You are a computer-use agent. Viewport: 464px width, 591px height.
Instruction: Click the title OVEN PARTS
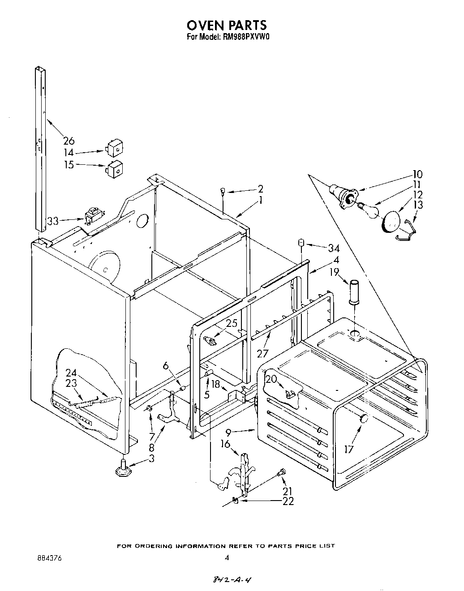coord(227,25)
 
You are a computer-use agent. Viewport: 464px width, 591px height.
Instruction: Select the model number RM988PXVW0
coord(245,38)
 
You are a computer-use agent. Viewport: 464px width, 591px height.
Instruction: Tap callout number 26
coord(69,140)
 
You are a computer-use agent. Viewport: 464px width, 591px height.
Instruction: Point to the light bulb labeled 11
coord(368,209)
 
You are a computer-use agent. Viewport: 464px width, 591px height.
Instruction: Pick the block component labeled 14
coord(115,146)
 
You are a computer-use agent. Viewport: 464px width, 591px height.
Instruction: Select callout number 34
coord(333,248)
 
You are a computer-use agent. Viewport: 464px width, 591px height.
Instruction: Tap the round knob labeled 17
coord(363,419)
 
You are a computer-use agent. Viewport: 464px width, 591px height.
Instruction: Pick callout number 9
coord(228,433)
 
